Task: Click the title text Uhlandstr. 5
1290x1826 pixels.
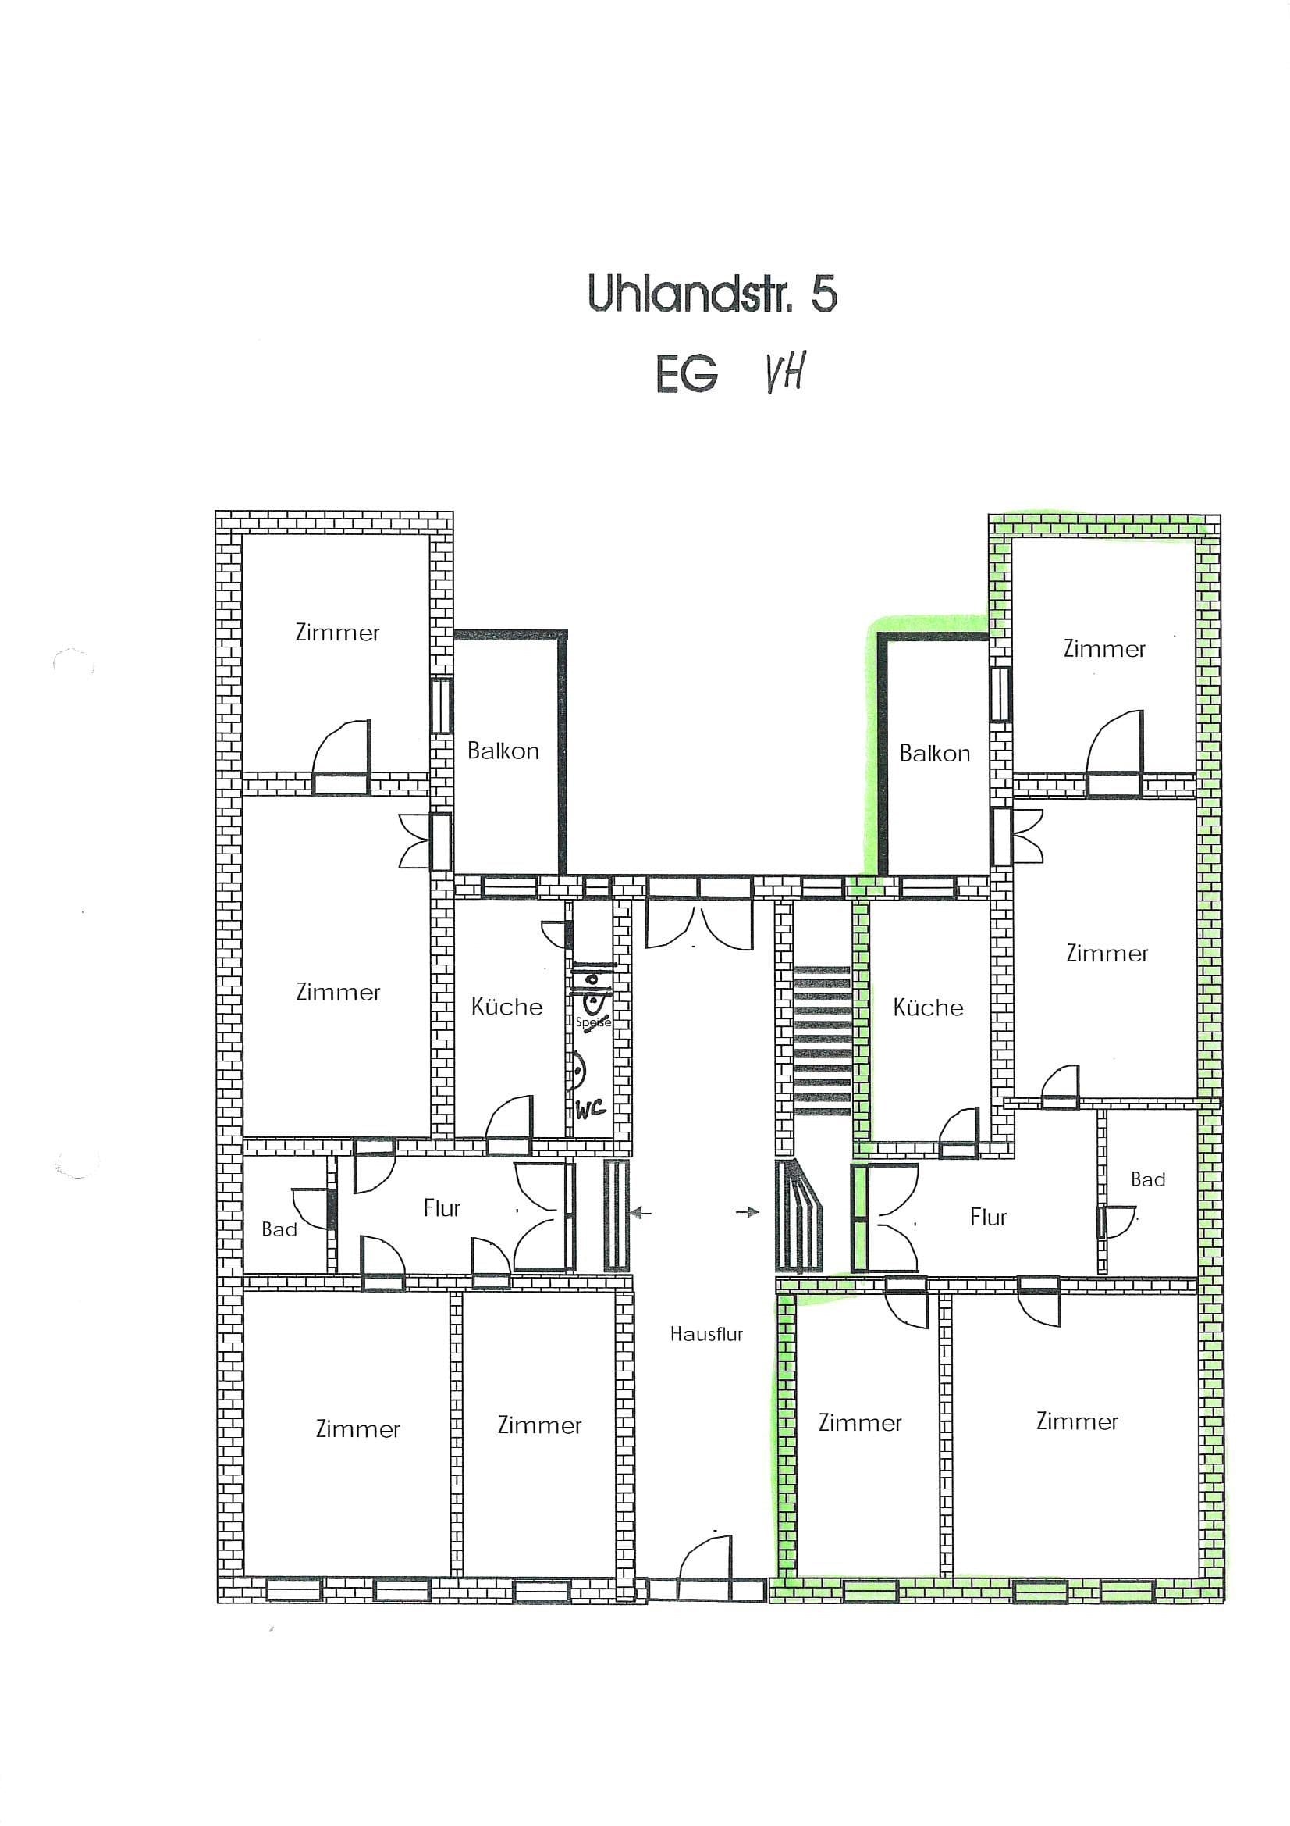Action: [713, 294]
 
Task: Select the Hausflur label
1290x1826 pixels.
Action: [705, 1334]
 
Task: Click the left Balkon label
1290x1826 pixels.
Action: [503, 751]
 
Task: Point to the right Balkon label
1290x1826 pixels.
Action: [935, 753]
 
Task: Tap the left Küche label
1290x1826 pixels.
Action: [506, 1006]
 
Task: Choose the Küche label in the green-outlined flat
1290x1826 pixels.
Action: [928, 1007]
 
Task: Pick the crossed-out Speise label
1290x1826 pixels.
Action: [593, 1022]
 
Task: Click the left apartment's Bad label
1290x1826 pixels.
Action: [279, 1229]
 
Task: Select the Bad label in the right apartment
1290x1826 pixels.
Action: [1148, 1179]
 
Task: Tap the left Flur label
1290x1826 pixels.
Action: [442, 1208]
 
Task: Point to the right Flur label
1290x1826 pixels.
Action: [988, 1217]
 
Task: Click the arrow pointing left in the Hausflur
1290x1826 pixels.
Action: [641, 1213]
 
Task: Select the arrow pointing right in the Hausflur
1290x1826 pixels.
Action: [748, 1213]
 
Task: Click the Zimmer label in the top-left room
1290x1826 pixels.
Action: [337, 633]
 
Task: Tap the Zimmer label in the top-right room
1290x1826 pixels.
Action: [1104, 649]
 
